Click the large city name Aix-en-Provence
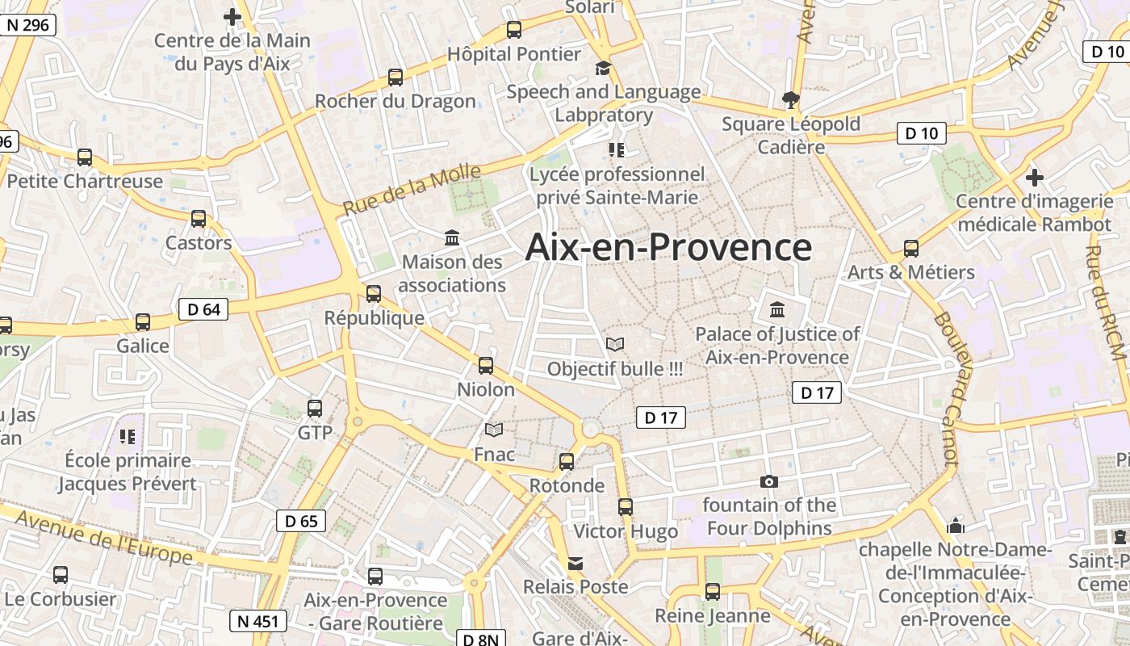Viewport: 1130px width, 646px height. [x=668, y=247]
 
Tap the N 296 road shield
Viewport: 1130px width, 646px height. [x=28, y=25]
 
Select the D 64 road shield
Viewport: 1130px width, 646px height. [x=203, y=308]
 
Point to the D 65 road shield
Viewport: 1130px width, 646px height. [x=301, y=521]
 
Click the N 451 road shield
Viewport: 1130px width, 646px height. [x=257, y=621]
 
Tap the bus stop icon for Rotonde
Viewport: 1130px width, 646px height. [x=567, y=462]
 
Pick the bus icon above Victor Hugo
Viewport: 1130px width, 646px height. [x=626, y=507]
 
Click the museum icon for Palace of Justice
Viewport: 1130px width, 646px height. [x=777, y=309]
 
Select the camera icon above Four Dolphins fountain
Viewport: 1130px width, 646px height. [x=769, y=481]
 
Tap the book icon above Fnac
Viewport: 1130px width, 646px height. [x=494, y=430]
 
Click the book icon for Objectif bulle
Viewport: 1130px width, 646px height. [x=615, y=345]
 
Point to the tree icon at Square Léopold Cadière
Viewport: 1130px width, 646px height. [x=790, y=100]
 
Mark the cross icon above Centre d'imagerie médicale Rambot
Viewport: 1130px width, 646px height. [x=1035, y=177]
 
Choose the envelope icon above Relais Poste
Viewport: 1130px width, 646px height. [x=575, y=563]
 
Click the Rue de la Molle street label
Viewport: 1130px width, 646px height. [x=412, y=190]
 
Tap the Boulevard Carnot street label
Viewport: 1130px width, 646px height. [x=945, y=388]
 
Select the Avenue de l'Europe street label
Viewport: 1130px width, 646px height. [x=103, y=539]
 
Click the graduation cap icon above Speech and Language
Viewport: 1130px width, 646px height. [x=603, y=68]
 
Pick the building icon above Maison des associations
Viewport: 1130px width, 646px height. [x=452, y=238]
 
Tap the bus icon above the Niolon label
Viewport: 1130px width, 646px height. [x=486, y=366]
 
